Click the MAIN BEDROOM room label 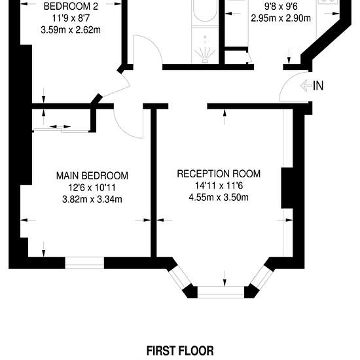(92, 176)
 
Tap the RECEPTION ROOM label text (219, 174)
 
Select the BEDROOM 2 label (71, 6)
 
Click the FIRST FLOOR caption (180, 351)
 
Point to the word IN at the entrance (318, 86)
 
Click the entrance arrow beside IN (306, 86)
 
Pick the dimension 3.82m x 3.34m (92, 199)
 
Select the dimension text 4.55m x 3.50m (219, 198)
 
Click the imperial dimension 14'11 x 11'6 (219, 185)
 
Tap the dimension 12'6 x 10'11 (92, 188)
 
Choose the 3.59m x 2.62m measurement (71, 30)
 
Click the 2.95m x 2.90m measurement (281, 18)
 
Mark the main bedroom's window (84, 263)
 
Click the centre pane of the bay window (221, 292)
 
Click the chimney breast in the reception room (287, 188)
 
